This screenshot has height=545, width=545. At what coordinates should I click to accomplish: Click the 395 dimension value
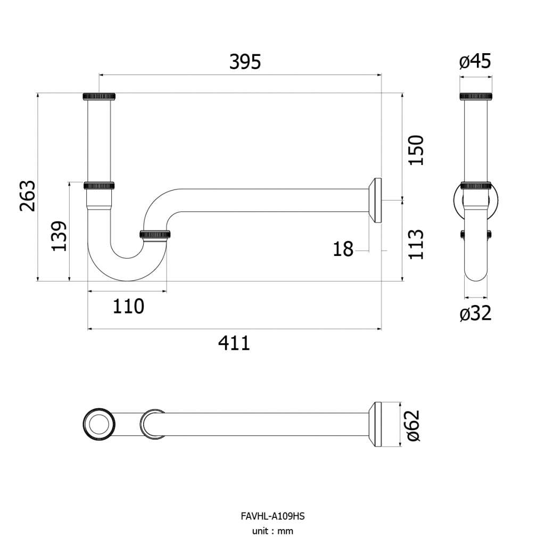pos(245,62)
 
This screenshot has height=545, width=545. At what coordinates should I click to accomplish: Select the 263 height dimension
pos(28,196)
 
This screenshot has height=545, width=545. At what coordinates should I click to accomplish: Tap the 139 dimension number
pos(59,236)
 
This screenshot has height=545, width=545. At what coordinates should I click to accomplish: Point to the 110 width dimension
pos(128,306)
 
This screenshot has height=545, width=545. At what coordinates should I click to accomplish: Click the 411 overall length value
pos(234,343)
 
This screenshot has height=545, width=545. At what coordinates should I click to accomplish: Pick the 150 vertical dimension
pos(416,150)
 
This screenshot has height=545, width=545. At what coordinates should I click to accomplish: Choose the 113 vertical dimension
pos(416,244)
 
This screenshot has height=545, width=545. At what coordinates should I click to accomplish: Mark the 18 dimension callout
pos(343,249)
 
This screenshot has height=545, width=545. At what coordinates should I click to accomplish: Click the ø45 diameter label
pos(475,62)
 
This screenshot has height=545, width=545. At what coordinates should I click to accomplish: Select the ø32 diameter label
pos(475,313)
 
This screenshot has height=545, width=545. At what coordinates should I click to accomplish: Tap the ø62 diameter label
pos(413,426)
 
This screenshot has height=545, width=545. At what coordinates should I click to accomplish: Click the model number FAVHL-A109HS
pos(272,516)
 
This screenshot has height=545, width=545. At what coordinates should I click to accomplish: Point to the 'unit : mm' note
pos(272,531)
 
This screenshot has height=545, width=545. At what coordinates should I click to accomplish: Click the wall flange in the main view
pos(375,200)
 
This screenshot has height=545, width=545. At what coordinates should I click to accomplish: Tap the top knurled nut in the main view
pos(99,96)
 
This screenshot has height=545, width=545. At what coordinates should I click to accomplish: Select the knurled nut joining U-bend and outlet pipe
pos(155,234)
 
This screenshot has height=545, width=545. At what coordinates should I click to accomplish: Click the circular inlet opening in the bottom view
pos(99,424)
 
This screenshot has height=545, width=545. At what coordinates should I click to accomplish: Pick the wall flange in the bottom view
pos(375,424)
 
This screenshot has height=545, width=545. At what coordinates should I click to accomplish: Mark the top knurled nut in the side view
pos(476,96)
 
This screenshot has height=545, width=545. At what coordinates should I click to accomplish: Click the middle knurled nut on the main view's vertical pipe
pos(99,185)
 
